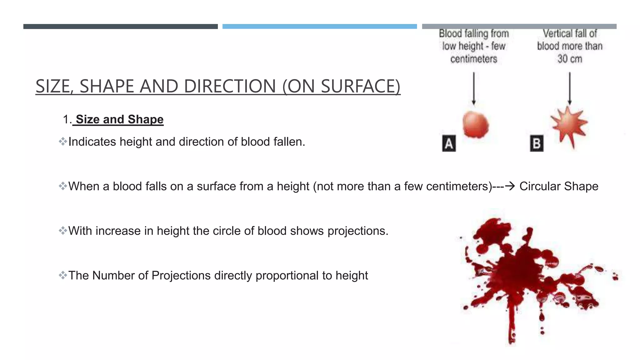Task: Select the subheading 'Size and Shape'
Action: tap(119, 119)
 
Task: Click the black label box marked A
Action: tap(449, 143)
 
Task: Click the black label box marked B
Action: tap(537, 143)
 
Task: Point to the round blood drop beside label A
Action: tap(476, 124)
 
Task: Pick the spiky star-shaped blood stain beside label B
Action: tap(568, 125)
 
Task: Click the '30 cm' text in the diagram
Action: tap(570, 59)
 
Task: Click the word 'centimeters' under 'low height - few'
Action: tap(473, 59)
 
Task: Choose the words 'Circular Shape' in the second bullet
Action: tap(559, 186)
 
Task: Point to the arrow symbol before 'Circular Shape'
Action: tap(510, 186)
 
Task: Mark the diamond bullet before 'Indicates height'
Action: tap(63, 142)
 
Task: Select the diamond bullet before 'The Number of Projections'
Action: tap(63, 275)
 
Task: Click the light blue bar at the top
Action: tap(319, 27)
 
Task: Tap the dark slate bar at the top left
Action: tap(120, 27)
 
